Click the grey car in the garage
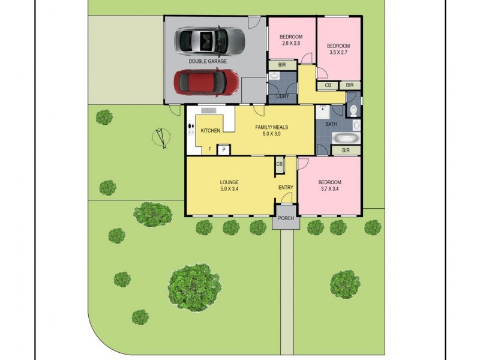coord(209,41)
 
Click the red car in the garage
coord(206,83)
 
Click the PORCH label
coord(286,218)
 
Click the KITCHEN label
coord(210,131)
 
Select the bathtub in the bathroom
coord(346,138)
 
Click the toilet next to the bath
coord(353,110)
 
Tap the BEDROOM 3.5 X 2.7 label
coord(338,50)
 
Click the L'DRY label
coord(283,96)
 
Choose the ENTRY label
coord(286,188)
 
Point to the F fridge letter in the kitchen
coord(209,149)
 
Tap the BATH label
coord(331,124)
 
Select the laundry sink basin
coord(275,76)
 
